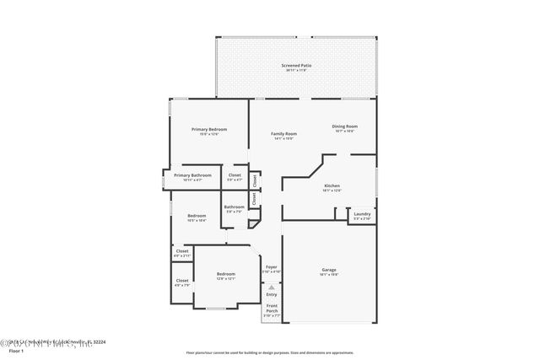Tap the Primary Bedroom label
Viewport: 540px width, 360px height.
click(x=210, y=129)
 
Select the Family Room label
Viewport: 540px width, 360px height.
click(x=283, y=134)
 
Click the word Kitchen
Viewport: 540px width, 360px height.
click(x=332, y=185)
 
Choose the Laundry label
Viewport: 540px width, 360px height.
click(x=361, y=214)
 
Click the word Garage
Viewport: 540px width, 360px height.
click(x=328, y=270)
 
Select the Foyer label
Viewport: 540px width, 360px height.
click(x=271, y=266)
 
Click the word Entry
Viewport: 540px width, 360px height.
click(x=272, y=294)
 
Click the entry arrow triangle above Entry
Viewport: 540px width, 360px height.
click(x=272, y=287)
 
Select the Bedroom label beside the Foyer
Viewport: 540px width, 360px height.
click(x=225, y=274)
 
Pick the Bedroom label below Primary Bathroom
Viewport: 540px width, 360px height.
click(x=197, y=216)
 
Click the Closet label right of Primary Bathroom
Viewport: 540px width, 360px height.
click(x=235, y=175)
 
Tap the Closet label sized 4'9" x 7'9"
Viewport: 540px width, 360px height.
click(x=182, y=281)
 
